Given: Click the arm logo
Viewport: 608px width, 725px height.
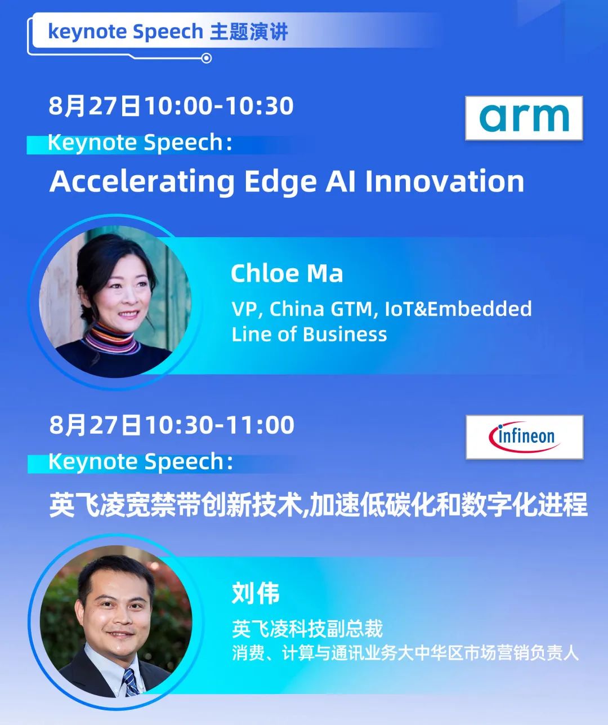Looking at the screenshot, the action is coord(524,118).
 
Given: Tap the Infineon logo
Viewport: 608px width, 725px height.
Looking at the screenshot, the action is coord(524,437).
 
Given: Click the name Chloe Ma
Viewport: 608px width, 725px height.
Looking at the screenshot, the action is coord(287,274).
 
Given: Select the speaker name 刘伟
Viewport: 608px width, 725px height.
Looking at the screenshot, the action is coord(256,593).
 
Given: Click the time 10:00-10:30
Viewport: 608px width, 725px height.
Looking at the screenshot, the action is coord(220,106).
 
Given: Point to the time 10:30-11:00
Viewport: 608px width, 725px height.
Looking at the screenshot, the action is coord(220,425).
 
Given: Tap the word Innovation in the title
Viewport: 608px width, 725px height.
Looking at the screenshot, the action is coord(445,181).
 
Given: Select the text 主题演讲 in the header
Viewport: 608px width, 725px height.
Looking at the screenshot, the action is coord(249,32).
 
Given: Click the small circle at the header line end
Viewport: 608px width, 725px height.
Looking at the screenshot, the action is coord(206,59).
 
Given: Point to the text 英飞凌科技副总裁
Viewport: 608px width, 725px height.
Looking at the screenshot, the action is coord(307,629).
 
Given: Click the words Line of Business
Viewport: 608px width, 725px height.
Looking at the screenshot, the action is coord(309,335).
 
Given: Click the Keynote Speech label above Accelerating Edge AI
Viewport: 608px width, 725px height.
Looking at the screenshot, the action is coord(140,143).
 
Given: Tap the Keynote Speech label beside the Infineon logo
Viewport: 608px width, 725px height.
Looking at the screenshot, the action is coord(141,462).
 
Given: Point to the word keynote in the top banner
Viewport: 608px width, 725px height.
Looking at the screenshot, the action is coord(88,32).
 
